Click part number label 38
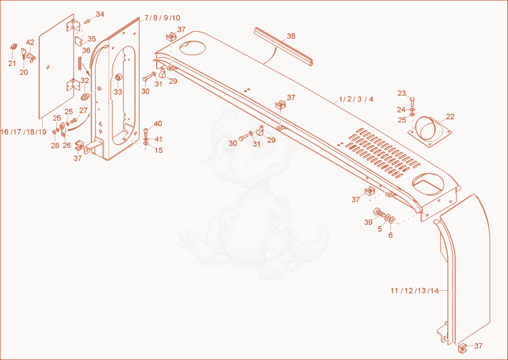(291, 36)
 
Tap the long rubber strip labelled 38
(284, 48)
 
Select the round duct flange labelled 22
(429, 131)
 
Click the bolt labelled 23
(412, 102)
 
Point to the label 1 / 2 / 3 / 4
(356, 99)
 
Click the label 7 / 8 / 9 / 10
(163, 18)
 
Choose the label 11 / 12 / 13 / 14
(415, 291)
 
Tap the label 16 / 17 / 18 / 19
(23, 132)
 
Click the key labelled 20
(24, 54)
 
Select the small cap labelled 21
(13, 46)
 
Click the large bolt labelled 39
(380, 213)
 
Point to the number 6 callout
(390, 236)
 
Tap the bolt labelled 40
(146, 133)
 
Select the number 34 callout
(100, 14)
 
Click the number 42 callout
(30, 43)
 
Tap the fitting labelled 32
(85, 97)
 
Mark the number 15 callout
(158, 150)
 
